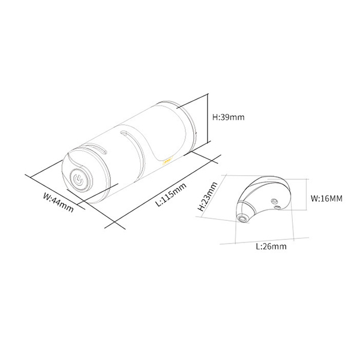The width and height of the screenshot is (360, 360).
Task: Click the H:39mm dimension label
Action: coord(229,117)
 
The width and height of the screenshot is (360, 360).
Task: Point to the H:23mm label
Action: coord(208,196)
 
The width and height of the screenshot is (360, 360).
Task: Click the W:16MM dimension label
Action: coord(326,199)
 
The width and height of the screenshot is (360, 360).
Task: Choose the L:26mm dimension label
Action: coord(271,247)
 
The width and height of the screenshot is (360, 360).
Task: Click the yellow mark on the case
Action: coord(167,161)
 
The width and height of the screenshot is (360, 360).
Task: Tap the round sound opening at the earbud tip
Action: coord(242,218)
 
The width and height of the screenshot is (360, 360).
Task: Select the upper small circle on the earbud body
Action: coord(274,201)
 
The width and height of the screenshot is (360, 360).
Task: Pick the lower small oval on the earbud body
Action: coord(278,208)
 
